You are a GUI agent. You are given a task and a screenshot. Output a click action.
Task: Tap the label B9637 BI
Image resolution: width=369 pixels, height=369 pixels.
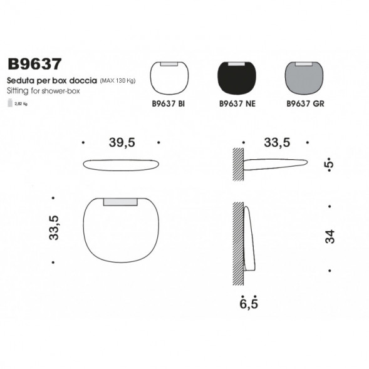[x=168, y=105]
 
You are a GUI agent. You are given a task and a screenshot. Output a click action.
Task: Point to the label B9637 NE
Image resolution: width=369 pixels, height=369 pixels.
[x=236, y=105]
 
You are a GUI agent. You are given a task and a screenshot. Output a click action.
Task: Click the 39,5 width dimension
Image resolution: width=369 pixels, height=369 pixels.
[x=122, y=143]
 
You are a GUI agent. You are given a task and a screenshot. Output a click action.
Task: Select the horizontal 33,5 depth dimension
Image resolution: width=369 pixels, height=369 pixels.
[x=276, y=143]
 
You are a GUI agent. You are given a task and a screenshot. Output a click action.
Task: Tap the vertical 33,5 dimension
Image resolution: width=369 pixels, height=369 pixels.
[x=54, y=228]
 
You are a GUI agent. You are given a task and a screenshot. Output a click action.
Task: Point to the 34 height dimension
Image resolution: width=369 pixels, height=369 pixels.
[x=330, y=237]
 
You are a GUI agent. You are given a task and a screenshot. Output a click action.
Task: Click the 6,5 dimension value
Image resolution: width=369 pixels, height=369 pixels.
[x=249, y=305]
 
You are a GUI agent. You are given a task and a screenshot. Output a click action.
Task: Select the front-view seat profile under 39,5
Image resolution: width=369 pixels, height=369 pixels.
[x=122, y=165]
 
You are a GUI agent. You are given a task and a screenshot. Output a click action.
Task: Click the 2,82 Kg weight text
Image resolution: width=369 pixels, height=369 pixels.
[x=21, y=104]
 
